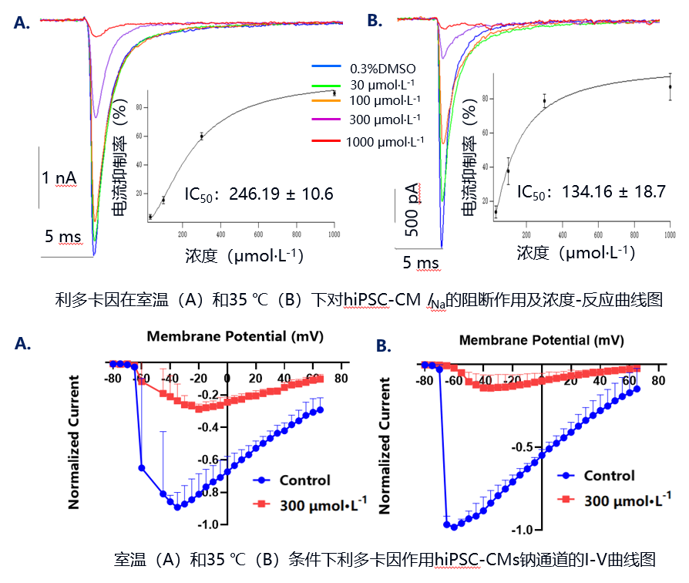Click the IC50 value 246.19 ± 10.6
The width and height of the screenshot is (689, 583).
click(259, 194)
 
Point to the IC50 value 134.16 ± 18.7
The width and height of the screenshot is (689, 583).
click(591, 192)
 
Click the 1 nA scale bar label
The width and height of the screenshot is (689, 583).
click(59, 178)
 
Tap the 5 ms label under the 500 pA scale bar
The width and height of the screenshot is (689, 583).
click(421, 263)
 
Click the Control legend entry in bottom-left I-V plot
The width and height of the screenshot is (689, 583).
click(304, 480)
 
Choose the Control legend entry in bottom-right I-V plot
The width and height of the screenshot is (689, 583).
click(609, 476)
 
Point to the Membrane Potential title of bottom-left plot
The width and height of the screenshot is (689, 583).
click(235, 336)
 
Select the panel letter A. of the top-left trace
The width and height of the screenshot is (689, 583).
click(23, 23)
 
